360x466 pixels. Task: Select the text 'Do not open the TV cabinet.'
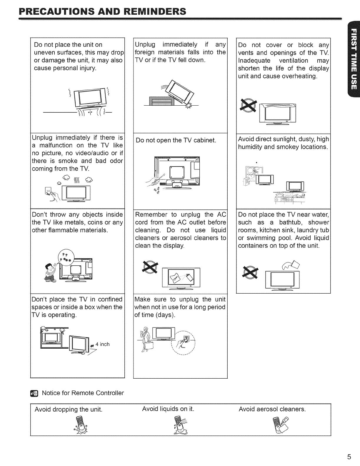coord(176,140)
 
